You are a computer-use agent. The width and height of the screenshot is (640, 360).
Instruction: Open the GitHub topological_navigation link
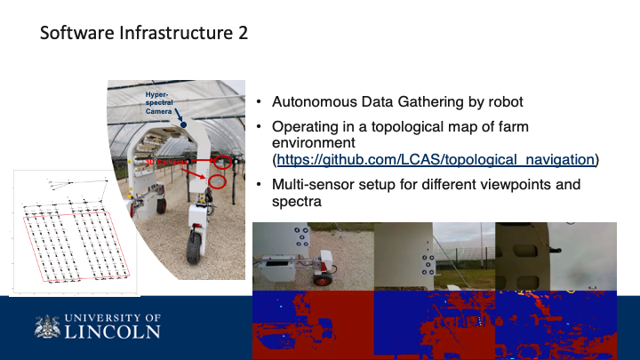click(x=435, y=160)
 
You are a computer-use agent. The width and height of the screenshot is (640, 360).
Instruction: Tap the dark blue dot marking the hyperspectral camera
click(x=183, y=125)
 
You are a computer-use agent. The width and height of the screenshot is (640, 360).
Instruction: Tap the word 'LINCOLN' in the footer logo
click(x=114, y=332)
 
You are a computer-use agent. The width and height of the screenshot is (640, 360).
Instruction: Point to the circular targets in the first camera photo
click(x=300, y=237)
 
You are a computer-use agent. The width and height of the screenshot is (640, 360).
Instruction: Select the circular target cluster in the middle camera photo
click(x=428, y=263)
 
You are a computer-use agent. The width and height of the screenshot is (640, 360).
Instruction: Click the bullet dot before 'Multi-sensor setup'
click(x=259, y=185)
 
